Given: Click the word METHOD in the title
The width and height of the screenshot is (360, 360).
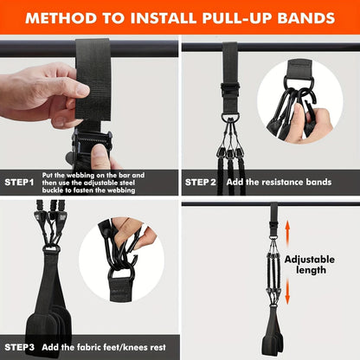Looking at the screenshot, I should [58, 18].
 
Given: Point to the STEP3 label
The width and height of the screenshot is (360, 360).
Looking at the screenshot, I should [19, 347].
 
